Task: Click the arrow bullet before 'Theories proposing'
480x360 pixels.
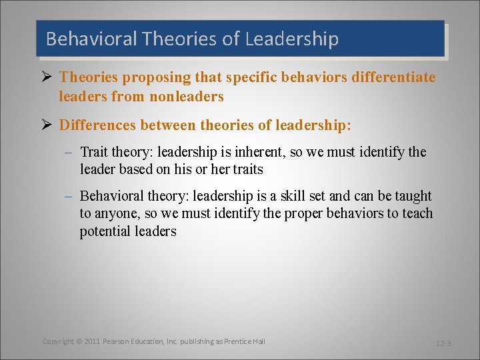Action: click(47, 77)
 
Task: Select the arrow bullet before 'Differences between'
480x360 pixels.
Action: click(47, 125)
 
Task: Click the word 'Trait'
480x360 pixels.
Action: click(94, 152)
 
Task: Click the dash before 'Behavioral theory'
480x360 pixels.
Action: click(69, 197)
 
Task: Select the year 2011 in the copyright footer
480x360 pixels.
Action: click(92, 341)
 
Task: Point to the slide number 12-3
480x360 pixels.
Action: click(443, 343)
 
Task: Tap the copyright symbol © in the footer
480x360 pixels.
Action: click(79, 341)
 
